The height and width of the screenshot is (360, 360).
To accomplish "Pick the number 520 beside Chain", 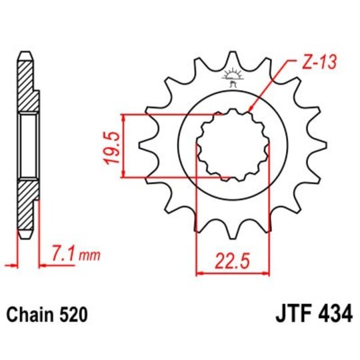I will point(76,313).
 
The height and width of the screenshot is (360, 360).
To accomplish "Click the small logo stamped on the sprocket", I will point(233,77).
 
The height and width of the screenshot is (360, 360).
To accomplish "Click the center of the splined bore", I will point(233,145).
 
